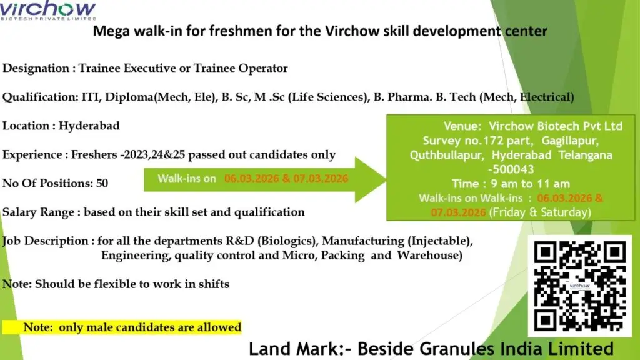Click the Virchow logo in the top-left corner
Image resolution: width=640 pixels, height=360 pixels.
49,11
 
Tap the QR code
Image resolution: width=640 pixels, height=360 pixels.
579,286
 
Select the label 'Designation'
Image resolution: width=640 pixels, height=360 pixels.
36,68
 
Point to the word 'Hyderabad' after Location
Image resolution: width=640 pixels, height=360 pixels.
89,126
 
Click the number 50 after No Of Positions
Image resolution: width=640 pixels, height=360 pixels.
102,183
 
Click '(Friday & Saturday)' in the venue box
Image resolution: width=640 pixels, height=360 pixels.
541,212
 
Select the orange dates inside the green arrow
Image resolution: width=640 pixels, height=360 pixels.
286,178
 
